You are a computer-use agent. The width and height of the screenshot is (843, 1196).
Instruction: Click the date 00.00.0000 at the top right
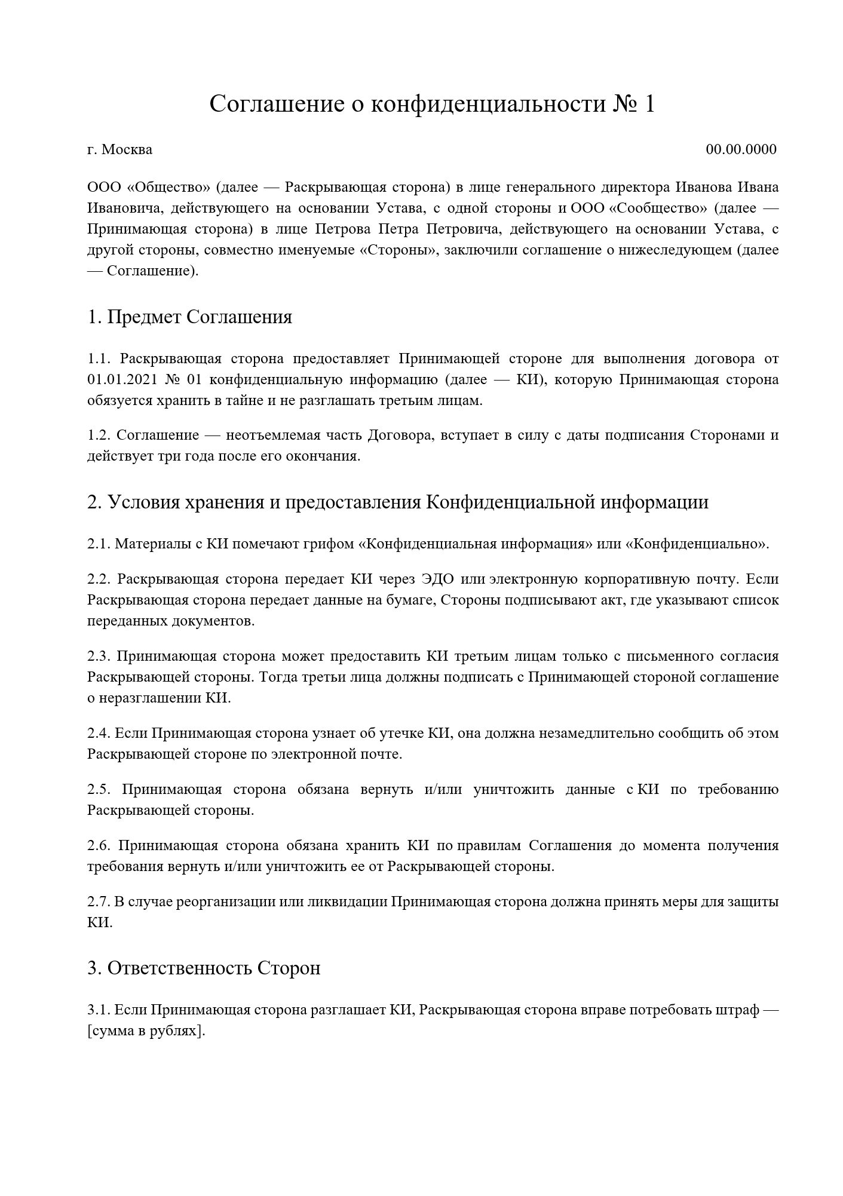[741, 149]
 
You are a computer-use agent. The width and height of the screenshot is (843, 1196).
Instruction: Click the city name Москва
[127, 149]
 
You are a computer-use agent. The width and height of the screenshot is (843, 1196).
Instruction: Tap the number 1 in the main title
[649, 104]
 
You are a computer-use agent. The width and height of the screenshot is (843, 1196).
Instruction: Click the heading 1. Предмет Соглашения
[189, 317]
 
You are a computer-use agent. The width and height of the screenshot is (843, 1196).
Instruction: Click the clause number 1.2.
[99, 435]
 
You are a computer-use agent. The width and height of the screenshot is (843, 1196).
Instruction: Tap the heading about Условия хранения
[397, 502]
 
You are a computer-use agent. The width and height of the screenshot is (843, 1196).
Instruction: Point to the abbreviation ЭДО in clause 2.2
[438, 579]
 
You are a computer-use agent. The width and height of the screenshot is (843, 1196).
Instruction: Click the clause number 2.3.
[99, 656]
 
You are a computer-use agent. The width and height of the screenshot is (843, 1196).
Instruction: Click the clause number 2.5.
[99, 789]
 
